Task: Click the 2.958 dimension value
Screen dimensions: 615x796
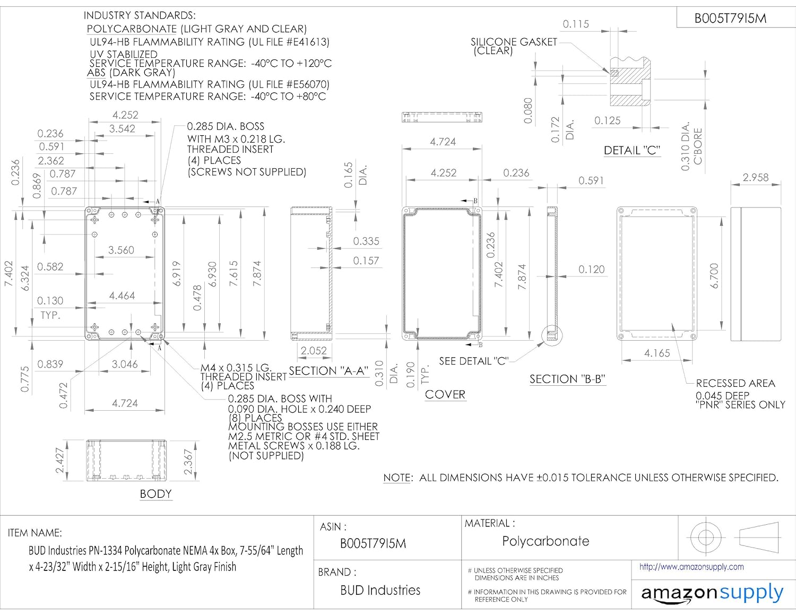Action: [x=755, y=177]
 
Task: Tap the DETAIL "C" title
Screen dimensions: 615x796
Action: [x=631, y=151]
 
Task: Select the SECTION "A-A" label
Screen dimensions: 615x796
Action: [x=328, y=371]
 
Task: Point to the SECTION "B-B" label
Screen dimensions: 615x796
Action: [x=567, y=379]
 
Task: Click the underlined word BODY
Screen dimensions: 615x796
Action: [x=155, y=494]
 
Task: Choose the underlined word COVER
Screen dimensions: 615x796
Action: [x=445, y=395]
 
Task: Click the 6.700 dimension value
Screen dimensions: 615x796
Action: [x=714, y=275]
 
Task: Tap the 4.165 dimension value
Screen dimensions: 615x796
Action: [x=657, y=353]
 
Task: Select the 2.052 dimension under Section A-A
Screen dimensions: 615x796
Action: [x=314, y=350]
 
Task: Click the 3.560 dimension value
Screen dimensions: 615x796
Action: [x=121, y=250]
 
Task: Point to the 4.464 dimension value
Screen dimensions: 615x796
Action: [x=122, y=296]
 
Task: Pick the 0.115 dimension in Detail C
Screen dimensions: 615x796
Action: [x=576, y=24]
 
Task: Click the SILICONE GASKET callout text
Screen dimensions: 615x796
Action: [x=513, y=42]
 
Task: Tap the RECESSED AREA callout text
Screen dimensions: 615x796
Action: [x=735, y=383]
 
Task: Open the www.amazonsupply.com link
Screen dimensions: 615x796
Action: [x=691, y=567]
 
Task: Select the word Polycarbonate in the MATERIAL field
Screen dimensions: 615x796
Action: [x=546, y=541]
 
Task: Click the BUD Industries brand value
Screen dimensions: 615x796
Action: [x=380, y=590]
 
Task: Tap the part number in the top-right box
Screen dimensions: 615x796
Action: [x=730, y=19]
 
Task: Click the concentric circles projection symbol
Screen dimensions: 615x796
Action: [x=705, y=537]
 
